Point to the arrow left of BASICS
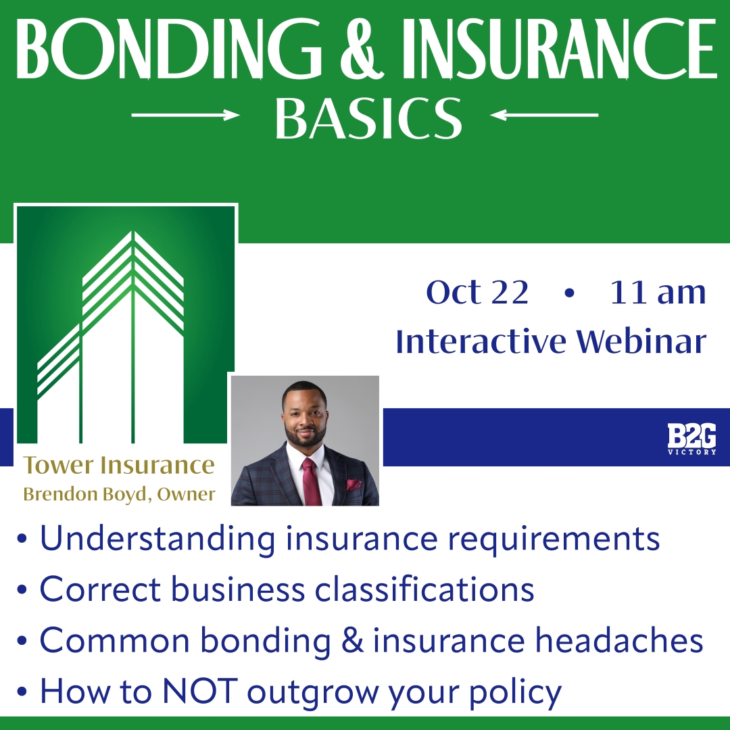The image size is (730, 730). pyautogui.click(x=185, y=116)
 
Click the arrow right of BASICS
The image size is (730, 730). pyautogui.click(x=545, y=116)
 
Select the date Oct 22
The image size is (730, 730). pyautogui.click(x=477, y=293)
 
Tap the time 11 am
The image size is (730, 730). pyautogui.click(x=657, y=293)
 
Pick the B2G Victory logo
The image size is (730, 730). pyautogui.click(x=691, y=439)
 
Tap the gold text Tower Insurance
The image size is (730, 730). pyautogui.click(x=119, y=465)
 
